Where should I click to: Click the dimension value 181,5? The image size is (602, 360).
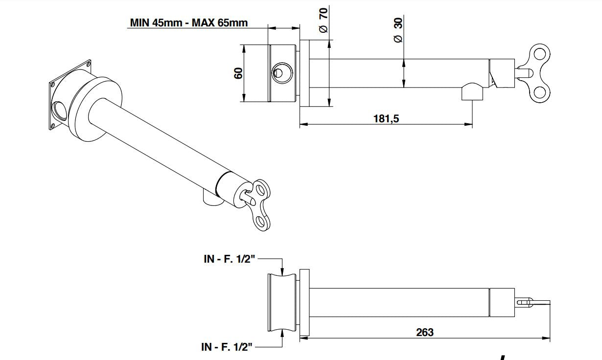click(386, 119)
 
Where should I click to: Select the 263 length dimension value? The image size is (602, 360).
click(424, 332)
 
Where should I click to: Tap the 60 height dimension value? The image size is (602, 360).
click(238, 73)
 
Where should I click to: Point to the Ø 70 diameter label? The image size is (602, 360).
click(324, 20)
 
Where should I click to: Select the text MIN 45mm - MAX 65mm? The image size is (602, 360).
click(189, 22)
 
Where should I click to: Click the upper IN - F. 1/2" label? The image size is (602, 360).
click(230, 259)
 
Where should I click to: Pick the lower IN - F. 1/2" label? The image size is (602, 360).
click(227, 347)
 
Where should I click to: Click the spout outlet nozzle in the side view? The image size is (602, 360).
click(472, 92)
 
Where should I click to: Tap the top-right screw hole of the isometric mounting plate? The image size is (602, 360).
click(88, 63)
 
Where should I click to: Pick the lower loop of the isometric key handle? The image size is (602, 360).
click(262, 223)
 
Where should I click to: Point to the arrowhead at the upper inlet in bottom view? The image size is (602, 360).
click(282, 270)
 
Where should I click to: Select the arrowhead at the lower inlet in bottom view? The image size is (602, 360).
click(282, 335)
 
